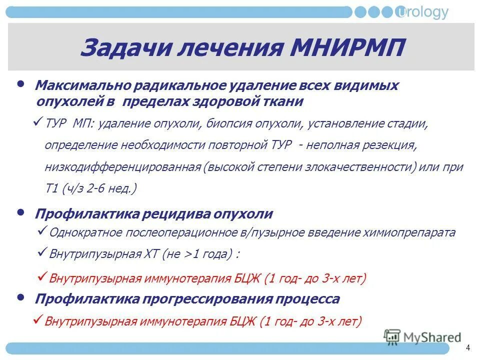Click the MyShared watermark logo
coord(423,337)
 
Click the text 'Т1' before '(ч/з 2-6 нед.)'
coord(52,189)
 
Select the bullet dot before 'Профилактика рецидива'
coord(20,212)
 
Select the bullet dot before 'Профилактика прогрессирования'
coord(20,297)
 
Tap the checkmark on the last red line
coord(38,318)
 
